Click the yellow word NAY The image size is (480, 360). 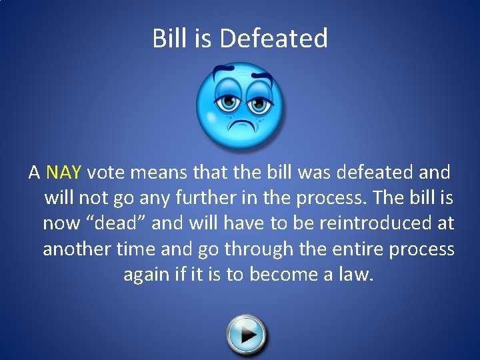tap(63, 173)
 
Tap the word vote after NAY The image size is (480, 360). tap(107, 173)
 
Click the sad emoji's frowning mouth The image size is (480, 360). tap(240, 124)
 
